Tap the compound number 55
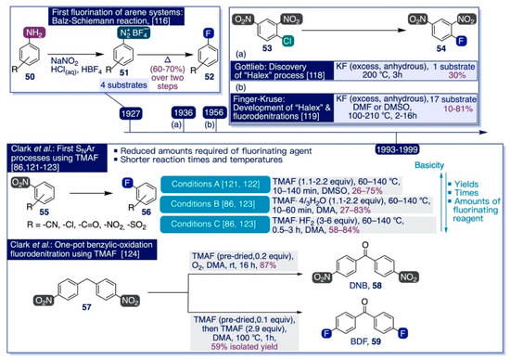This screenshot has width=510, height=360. (17, 207)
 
